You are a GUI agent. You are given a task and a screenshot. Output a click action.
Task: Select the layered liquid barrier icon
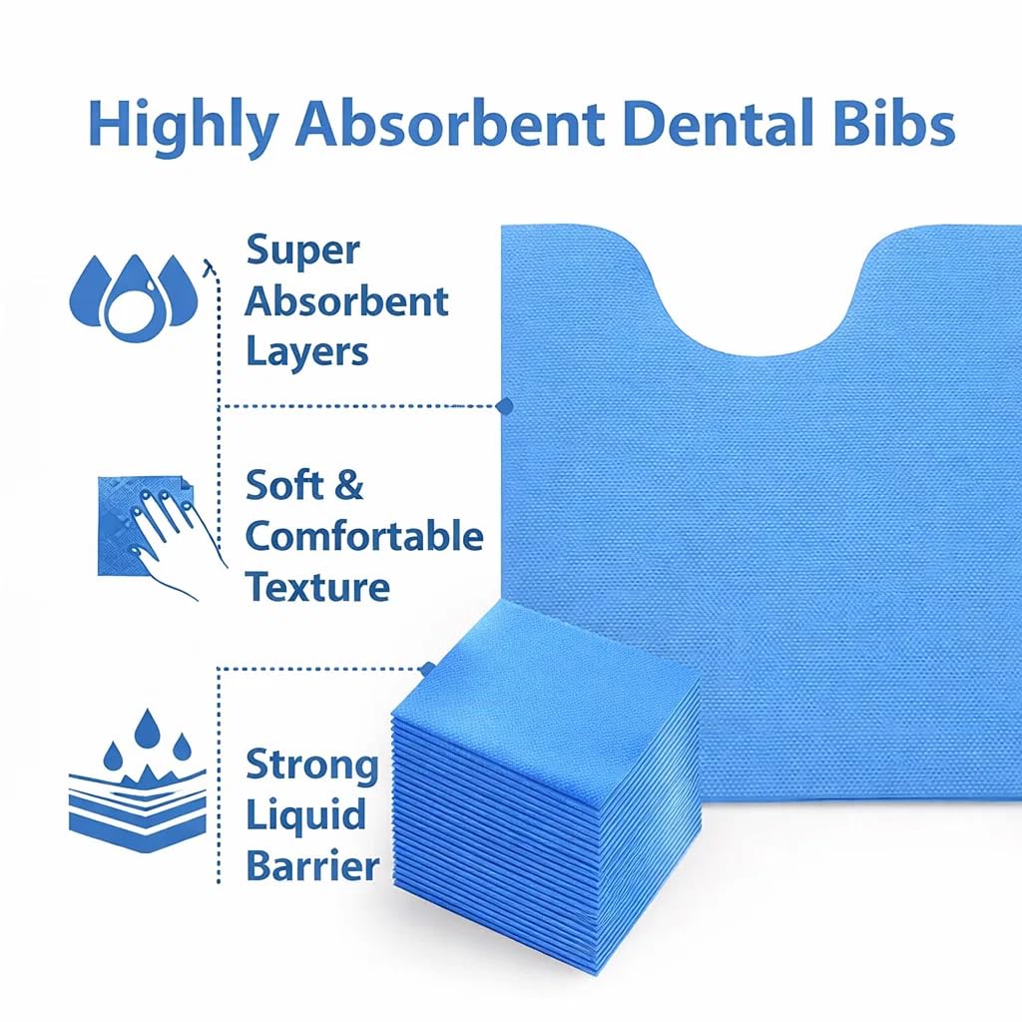tap(136, 782)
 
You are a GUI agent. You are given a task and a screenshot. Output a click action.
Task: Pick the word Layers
tap(307, 351)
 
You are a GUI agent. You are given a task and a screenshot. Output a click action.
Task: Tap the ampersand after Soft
tap(348, 486)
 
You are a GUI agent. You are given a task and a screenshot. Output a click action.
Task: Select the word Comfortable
tap(364, 537)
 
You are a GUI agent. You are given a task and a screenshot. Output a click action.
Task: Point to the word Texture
tap(317, 586)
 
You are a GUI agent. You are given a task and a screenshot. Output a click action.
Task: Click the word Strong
tap(312, 766)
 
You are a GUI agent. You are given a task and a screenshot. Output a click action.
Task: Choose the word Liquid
tap(305, 816)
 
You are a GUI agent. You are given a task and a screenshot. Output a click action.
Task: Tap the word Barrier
tap(312, 865)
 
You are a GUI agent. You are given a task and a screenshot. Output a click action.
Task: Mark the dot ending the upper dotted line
tap(505, 406)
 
